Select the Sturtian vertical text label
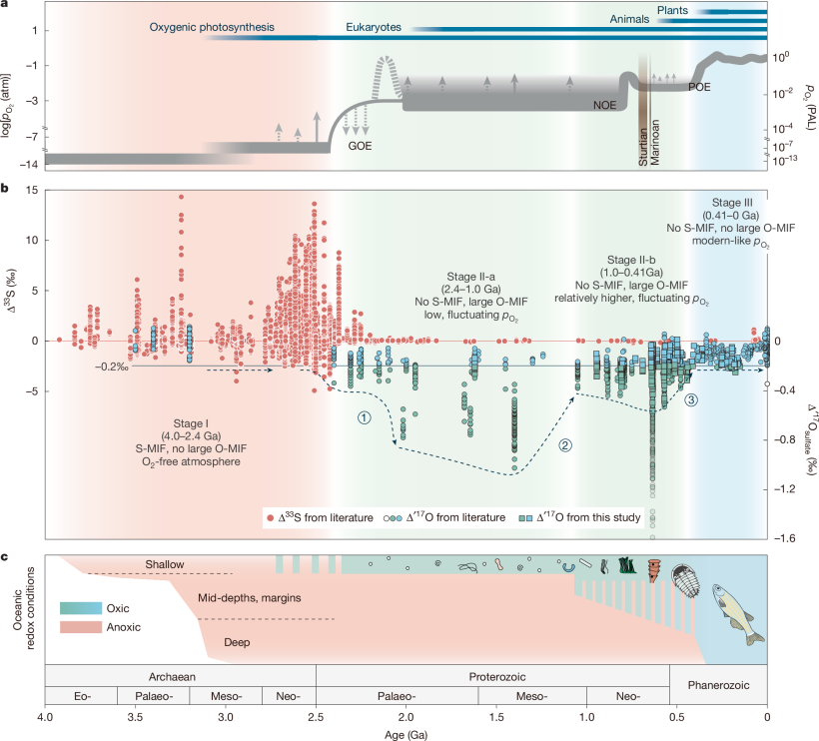[644, 143]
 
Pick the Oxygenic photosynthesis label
[212, 27]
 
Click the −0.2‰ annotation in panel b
[110, 366]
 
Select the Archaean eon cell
[180, 674]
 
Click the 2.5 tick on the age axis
[316, 718]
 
